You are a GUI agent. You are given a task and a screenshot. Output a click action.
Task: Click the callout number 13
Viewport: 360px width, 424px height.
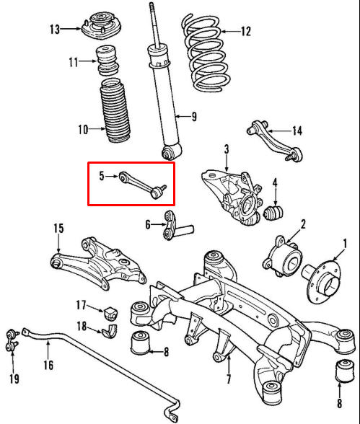click(x=55, y=30)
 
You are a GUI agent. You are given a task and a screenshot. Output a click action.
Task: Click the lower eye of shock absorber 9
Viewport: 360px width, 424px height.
click(x=171, y=151)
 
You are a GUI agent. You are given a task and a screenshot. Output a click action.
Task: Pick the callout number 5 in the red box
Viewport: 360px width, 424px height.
click(x=102, y=175)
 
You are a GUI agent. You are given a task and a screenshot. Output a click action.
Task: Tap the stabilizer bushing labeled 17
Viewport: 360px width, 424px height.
click(x=110, y=312)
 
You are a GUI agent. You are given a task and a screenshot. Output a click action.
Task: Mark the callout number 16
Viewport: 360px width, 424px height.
click(x=48, y=365)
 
